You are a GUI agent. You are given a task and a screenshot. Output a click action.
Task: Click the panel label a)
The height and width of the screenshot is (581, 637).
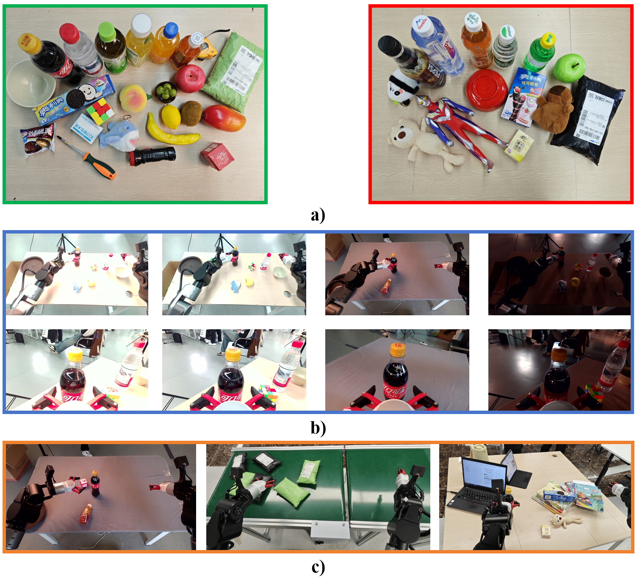point(318,215)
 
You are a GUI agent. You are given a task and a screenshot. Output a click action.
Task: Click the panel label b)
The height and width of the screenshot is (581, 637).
point(318,428)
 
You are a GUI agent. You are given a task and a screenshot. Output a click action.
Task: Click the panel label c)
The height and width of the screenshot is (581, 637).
point(318,567)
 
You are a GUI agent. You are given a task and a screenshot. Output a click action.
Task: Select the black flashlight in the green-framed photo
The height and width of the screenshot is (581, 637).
point(152,156)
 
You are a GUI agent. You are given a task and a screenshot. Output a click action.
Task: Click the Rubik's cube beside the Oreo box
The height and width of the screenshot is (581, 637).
point(101,111)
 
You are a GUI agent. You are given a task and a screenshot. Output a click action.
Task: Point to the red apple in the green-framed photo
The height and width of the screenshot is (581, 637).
point(190,78)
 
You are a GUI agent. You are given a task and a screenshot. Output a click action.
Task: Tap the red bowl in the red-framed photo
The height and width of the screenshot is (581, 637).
point(487,90)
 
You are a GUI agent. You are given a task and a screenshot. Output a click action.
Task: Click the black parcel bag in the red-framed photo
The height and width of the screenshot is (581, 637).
point(589,119)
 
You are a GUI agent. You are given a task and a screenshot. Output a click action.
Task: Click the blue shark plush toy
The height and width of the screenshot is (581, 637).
point(121,134)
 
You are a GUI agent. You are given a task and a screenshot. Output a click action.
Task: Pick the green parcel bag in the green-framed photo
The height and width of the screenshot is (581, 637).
point(233,72)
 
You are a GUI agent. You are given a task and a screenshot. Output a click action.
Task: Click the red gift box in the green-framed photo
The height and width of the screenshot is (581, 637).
point(217,156)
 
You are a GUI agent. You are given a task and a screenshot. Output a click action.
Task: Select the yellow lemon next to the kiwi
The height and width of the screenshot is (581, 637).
point(171,116)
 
